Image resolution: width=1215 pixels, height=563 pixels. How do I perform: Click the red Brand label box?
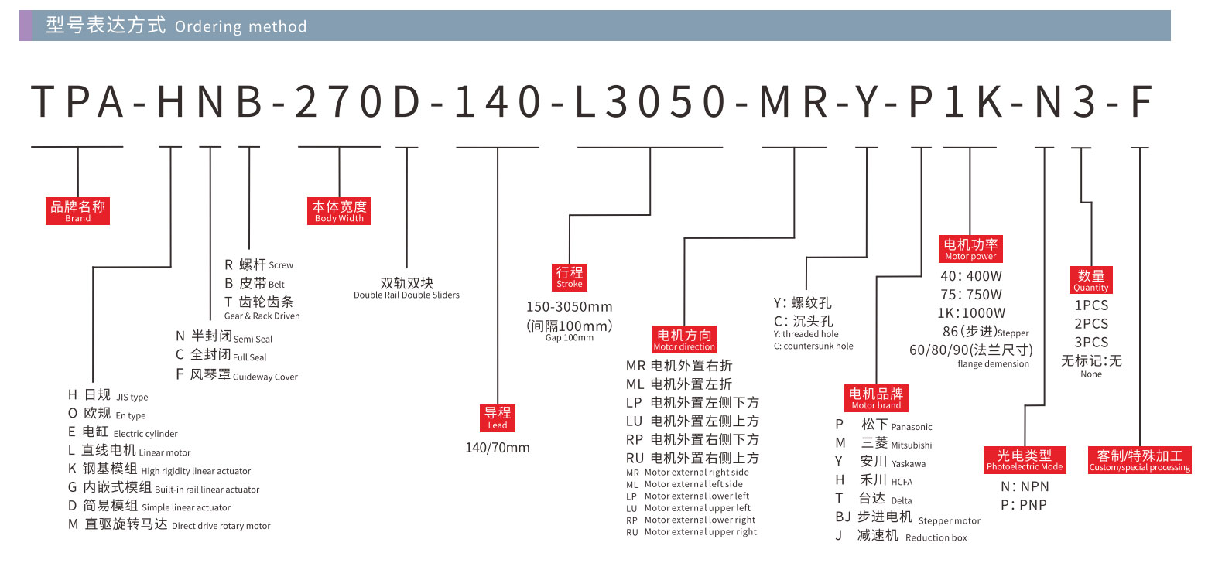(x=77, y=210)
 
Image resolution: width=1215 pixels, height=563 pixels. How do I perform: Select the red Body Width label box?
(x=339, y=210)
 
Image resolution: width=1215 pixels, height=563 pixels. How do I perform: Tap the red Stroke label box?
(x=570, y=276)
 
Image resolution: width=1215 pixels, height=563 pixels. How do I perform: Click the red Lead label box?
(x=498, y=418)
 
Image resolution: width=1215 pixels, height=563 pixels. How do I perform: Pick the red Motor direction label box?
(x=684, y=339)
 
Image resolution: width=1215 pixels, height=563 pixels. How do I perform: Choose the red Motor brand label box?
(x=876, y=398)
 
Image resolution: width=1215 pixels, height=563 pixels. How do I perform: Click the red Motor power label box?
(x=970, y=248)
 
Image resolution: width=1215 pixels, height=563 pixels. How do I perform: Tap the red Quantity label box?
(x=1091, y=279)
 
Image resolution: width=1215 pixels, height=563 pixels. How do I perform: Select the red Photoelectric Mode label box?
(x=1025, y=459)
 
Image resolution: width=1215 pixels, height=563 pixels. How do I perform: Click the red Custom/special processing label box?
(x=1139, y=459)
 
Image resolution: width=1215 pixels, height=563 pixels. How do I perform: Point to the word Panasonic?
(x=912, y=427)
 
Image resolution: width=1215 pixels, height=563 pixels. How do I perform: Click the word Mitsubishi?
(x=911, y=445)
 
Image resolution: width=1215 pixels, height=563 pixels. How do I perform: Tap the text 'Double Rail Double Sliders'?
(x=406, y=295)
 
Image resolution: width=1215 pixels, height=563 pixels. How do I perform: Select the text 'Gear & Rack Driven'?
(x=262, y=316)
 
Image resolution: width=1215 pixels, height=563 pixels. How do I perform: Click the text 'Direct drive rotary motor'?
(x=221, y=526)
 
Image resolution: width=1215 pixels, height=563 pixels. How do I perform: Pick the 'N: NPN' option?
(x=1025, y=486)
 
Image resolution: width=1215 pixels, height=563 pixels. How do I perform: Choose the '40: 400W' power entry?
(x=970, y=276)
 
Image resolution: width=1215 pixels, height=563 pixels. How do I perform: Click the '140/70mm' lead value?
(x=498, y=448)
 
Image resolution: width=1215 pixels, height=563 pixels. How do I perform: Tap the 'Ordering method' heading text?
(x=241, y=27)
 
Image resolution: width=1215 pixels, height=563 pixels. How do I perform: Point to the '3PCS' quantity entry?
(x=1091, y=342)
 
